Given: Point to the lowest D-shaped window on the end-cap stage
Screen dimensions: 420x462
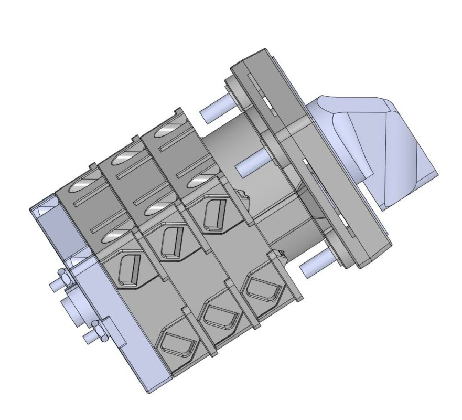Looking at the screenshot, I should (177, 344).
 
